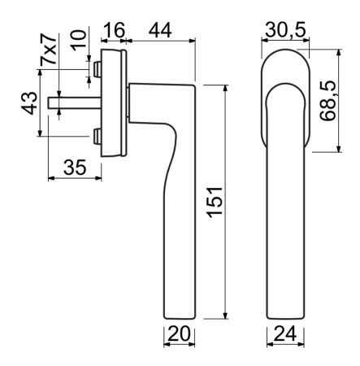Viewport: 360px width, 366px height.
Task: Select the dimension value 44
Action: point(160,30)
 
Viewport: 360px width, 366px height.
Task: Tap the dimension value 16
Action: point(115,30)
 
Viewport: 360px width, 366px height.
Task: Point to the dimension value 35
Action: point(74,168)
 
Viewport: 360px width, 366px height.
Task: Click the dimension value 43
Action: point(28,103)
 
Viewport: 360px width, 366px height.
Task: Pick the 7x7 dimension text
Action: point(50,54)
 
